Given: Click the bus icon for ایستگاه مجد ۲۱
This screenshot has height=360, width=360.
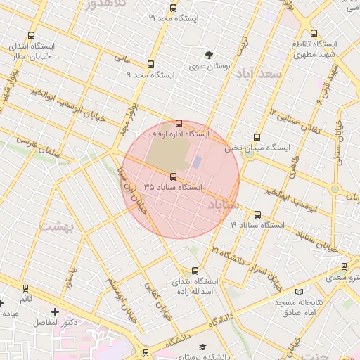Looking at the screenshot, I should [x=173, y=8].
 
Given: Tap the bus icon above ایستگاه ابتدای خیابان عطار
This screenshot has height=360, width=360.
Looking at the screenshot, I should [x=31, y=35].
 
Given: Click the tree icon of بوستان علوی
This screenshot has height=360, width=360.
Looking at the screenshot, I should [x=209, y=55].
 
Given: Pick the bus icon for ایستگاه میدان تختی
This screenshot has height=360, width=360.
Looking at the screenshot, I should [x=256, y=138].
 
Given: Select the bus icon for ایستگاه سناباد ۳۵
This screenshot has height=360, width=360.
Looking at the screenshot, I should [x=173, y=176].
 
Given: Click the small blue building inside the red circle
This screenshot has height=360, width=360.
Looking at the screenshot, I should [x=197, y=162].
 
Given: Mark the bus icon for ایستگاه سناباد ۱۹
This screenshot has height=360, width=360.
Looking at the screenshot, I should [x=257, y=214].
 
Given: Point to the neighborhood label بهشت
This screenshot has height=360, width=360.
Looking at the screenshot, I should [x=53, y=226].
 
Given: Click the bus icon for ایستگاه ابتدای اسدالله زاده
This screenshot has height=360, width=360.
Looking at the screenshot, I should [x=195, y=271].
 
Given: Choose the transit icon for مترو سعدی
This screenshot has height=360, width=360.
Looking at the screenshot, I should [x=344, y=266].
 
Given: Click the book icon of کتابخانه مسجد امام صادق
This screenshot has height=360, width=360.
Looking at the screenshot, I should [x=300, y=291].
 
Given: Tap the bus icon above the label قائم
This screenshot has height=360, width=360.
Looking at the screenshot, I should [x=26, y=288].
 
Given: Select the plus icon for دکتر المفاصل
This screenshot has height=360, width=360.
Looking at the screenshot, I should [x=56, y=311].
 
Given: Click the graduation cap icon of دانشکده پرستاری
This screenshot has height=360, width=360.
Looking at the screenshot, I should [x=203, y=347].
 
